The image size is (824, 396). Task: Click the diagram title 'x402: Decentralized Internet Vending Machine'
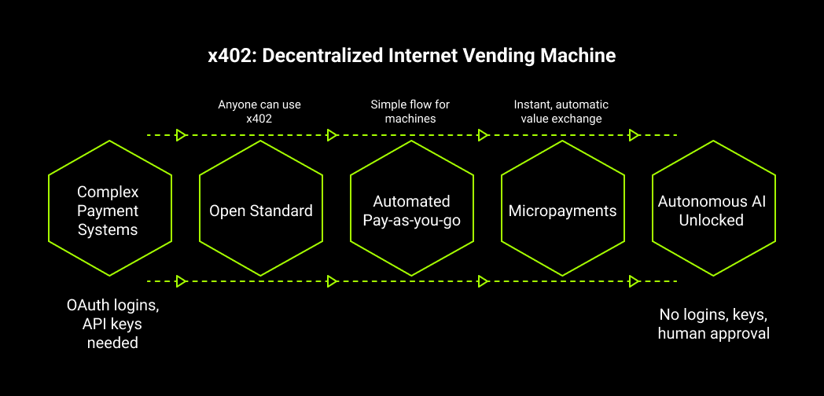coord(411,56)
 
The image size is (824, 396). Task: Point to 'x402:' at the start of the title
coord(229,56)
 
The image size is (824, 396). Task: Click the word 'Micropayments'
coord(562,211)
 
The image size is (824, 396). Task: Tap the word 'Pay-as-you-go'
coord(411,220)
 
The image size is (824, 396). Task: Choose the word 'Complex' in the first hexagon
coord(108,192)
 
